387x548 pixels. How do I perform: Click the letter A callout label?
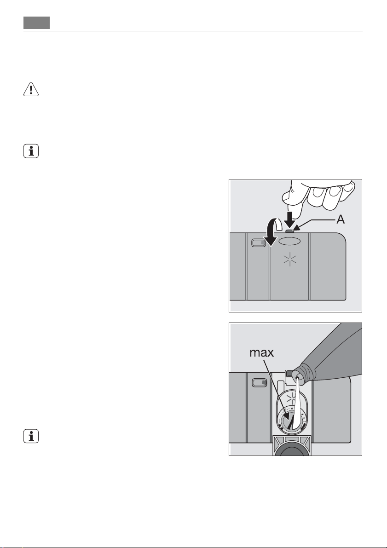click(341, 219)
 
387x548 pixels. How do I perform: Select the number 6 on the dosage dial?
click(291, 408)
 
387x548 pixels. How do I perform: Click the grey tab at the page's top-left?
click(37, 22)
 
